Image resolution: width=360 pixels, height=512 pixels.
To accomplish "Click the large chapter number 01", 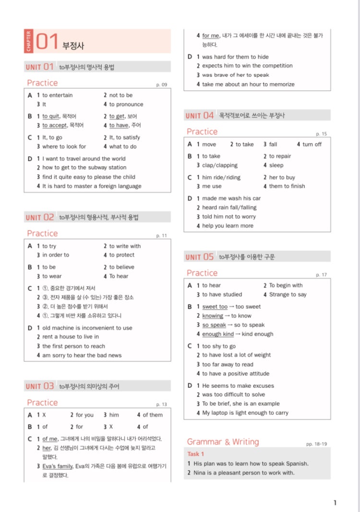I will (47, 42).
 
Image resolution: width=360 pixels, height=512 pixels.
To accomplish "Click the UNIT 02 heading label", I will (40, 218).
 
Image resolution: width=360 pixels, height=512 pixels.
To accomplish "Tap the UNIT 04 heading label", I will (200, 116).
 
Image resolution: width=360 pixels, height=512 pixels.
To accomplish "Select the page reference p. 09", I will (161, 85).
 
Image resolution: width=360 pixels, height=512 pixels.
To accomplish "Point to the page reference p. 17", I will (321, 275).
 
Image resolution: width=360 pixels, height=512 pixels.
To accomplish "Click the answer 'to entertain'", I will (58, 95).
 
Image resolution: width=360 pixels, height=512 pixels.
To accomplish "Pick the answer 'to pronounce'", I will (126, 104).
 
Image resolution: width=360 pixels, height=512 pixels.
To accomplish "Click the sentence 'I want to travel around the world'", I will (84, 158).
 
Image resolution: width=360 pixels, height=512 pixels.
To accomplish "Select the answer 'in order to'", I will (56, 255).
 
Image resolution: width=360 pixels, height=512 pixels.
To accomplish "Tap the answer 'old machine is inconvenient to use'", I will (87, 328).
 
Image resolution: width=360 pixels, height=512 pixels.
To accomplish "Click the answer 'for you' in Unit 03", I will (85, 415).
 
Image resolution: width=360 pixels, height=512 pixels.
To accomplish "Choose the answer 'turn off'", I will (312, 145).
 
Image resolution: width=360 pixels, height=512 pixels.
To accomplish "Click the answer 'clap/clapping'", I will (220, 165).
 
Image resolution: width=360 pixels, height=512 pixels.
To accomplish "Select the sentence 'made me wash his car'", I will (231, 198).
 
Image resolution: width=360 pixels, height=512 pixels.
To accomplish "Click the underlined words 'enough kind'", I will (218, 334).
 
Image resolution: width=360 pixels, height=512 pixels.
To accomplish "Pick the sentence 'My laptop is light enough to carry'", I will (245, 413).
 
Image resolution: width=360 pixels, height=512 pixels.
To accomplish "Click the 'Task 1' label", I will (195, 454).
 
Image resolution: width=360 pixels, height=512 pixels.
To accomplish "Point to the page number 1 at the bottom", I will (335, 503).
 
